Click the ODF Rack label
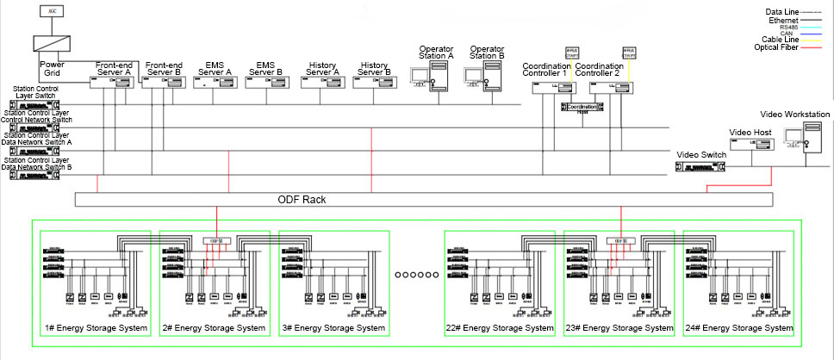click(x=300, y=199)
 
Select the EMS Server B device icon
click(x=265, y=83)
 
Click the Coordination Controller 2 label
click(x=600, y=70)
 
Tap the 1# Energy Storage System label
click(x=95, y=328)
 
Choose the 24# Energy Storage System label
click(x=738, y=328)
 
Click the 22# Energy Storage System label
click(x=500, y=328)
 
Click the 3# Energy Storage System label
click(x=333, y=328)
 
